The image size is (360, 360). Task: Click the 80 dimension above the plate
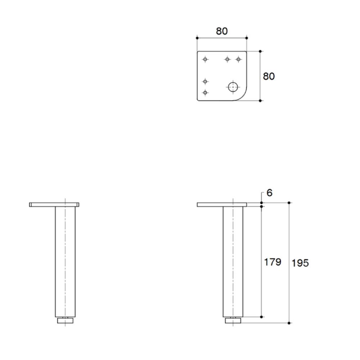pyautogui.click(x=222, y=31)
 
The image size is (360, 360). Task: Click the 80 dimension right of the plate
pyautogui.click(x=269, y=76)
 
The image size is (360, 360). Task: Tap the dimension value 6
pyautogui.click(x=269, y=193)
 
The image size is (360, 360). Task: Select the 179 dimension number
pyautogui.click(x=273, y=262)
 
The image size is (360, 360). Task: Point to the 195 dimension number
pyautogui.click(x=300, y=263)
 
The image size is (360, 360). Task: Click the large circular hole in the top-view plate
pyautogui.click(x=233, y=87)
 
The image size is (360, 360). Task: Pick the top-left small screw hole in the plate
pyautogui.click(x=205, y=59)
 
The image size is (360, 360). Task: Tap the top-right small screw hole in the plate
pyautogui.click(x=238, y=59)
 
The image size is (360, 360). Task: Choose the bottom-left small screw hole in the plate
pyautogui.click(x=205, y=93)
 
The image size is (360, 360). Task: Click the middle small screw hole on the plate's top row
pyautogui.click(x=227, y=59)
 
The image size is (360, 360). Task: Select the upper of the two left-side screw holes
pyautogui.click(x=205, y=81)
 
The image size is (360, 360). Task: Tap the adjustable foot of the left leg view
pyautogui.click(x=65, y=320)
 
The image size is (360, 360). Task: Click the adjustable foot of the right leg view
pyautogui.click(x=233, y=320)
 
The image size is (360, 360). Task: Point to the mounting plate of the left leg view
pyautogui.click(x=54, y=204)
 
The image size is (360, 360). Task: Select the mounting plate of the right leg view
pyautogui.click(x=222, y=204)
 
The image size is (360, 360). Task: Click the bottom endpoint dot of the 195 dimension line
pyautogui.click(x=289, y=323)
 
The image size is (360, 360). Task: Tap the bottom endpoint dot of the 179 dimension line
pyautogui.click(x=261, y=317)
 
